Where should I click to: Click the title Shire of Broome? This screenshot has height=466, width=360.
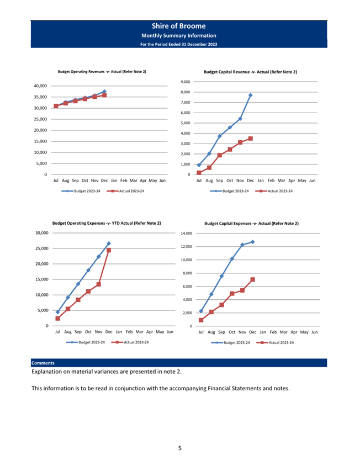179,26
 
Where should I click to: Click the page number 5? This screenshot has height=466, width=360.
180,448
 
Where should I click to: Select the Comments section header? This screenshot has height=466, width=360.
43,363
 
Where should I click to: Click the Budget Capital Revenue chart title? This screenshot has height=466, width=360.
250,72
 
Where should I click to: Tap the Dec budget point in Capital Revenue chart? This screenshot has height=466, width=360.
251,95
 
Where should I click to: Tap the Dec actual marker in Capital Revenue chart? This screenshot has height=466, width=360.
251,139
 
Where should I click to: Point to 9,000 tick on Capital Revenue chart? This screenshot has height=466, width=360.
185,82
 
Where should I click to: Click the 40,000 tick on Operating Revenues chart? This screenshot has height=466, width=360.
40,86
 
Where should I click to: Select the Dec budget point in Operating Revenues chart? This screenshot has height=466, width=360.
104,92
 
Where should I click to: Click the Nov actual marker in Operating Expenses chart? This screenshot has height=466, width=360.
99,284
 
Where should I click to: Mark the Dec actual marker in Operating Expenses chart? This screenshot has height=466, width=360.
109,250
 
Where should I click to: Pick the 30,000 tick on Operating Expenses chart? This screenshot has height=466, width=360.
42,233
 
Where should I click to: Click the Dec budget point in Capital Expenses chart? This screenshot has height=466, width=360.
253,242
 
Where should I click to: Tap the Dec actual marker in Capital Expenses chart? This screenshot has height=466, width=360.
253,279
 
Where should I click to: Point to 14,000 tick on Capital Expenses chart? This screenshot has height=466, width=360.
187,234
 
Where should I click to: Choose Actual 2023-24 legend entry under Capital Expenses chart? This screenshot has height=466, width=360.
275,343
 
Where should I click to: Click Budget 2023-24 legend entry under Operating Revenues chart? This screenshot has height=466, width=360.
81,191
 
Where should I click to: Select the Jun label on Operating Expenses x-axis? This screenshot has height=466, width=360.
170,332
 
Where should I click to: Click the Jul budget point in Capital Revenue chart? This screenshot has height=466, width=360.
199,165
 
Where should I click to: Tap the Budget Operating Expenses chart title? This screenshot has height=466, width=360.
107,223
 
